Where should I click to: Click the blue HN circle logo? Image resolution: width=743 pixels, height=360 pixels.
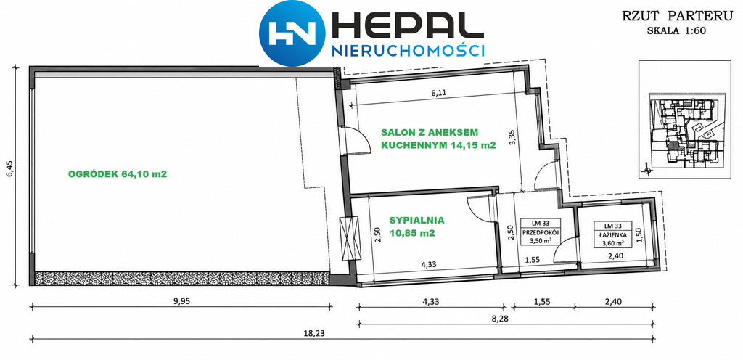pos(292,33)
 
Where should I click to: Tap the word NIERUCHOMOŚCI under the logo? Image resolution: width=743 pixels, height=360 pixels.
pos(408,51)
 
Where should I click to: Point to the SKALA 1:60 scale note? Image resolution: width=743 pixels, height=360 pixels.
pos(679,31)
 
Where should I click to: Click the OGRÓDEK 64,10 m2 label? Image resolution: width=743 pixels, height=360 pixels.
pos(118,174)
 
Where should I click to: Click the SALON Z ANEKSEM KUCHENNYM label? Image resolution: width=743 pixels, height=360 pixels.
pos(438,139)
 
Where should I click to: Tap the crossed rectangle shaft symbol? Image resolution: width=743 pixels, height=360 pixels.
pos(350,235)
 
